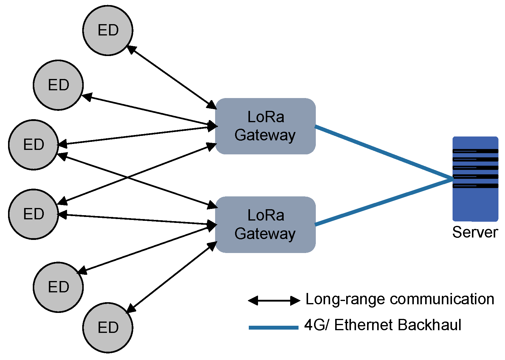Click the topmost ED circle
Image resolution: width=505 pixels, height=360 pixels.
tap(108, 30)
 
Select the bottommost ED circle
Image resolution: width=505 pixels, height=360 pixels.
tap(108, 328)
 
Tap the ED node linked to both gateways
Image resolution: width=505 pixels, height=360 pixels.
tap(33, 145)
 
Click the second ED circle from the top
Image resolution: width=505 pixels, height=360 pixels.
tap(58, 85)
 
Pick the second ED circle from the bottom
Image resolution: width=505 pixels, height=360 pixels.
tap(58, 287)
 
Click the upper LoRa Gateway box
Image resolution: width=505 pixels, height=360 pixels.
tap(265, 126)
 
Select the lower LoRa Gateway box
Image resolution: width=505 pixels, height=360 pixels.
tap(265, 225)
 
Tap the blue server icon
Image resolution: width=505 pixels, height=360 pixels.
tap(475, 179)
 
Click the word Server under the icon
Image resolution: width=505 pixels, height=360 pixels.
tap(475, 232)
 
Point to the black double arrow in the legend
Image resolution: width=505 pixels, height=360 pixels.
tap(274, 301)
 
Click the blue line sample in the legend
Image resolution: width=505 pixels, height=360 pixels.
tap(274, 328)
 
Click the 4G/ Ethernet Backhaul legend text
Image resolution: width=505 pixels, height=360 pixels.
tap(383, 325)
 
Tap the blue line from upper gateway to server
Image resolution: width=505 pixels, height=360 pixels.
tap(384, 153)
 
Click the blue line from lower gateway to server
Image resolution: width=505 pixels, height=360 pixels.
tap(384, 201)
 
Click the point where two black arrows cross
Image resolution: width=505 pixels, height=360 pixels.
tap(128, 178)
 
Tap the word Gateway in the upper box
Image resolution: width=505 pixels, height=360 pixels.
tap(265, 135)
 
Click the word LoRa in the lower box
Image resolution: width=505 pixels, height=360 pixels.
tap(266, 215)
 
